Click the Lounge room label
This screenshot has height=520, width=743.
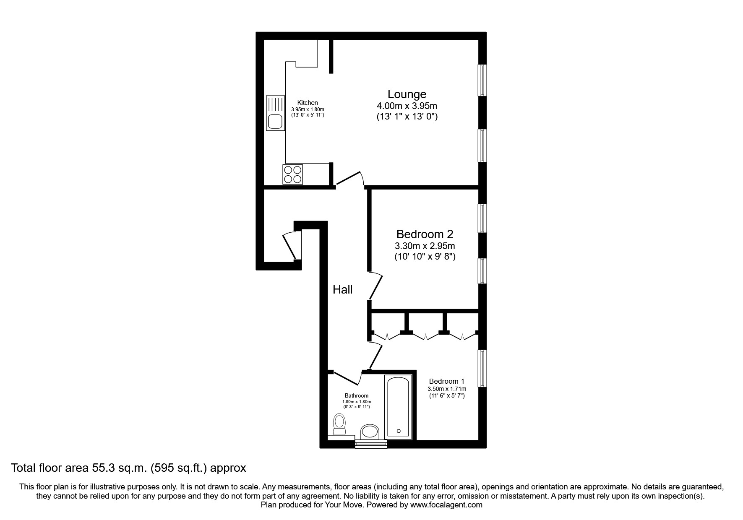(407, 94)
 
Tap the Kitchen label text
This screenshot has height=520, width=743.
(308, 103)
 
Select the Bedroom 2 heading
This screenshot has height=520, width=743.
(425, 234)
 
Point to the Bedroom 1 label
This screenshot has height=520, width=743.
(446, 381)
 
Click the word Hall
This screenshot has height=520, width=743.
(342, 289)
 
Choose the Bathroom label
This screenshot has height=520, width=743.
(357, 395)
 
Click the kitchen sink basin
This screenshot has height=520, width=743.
(275, 122)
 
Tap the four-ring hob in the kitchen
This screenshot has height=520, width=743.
(292, 174)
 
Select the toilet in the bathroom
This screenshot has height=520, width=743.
(339, 425)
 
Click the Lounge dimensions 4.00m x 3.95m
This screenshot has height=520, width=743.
(407, 106)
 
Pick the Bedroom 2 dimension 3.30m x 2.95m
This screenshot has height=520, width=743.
(425, 246)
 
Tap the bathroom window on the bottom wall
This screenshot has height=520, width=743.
(371, 444)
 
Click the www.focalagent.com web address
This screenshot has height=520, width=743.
(446, 505)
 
